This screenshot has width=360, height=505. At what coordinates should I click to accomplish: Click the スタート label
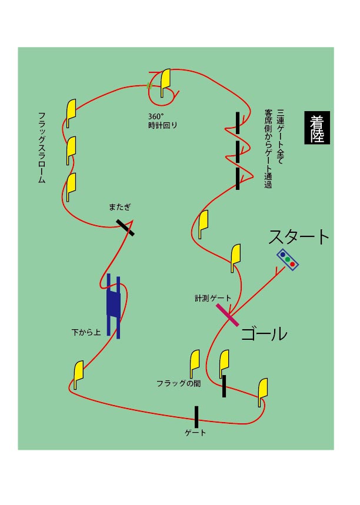click(299, 237)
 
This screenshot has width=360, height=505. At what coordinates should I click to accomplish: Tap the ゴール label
click(264, 334)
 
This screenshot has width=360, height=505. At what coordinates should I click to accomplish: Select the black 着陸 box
click(317, 127)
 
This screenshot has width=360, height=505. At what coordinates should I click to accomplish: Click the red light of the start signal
click(293, 263)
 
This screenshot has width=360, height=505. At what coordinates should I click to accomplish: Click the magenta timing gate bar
click(226, 315)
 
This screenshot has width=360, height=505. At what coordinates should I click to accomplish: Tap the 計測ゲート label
click(214, 299)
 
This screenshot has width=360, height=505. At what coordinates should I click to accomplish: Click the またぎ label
click(120, 207)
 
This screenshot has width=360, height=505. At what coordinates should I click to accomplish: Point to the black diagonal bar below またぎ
click(125, 228)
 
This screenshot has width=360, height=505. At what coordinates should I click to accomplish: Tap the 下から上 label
click(86, 333)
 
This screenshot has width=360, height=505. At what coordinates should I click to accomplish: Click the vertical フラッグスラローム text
click(42, 148)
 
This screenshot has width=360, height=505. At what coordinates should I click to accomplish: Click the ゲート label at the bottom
click(195, 433)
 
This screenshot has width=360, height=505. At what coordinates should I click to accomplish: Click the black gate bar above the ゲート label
click(196, 416)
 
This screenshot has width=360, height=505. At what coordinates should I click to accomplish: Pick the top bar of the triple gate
click(238, 122)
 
